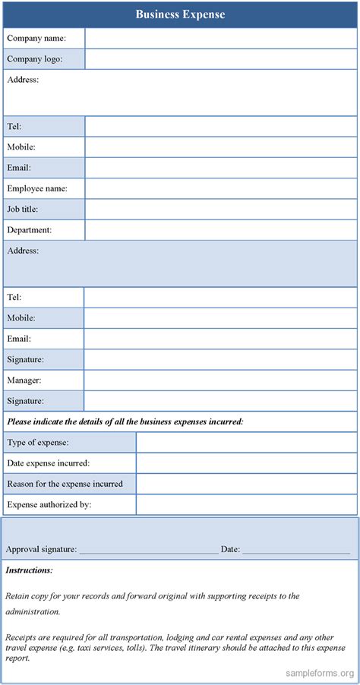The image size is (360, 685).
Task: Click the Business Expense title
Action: [x=180, y=14]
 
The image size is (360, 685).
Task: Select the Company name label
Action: [x=36, y=38]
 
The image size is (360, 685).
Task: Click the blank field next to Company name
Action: [x=220, y=38]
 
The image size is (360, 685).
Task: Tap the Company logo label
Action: [x=35, y=58]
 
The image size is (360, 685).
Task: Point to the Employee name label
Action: [x=37, y=188]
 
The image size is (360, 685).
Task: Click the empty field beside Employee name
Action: [x=220, y=188]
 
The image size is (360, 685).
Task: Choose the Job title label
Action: [x=23, y=209]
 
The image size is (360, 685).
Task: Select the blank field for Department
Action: [x=220, y=229]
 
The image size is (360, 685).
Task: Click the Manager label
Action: [x=24, y=380]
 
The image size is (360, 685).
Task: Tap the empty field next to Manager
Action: [x=220, y=380]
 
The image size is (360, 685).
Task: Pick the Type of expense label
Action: [x=38, y=442]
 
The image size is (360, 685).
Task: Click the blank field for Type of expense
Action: [x=246, y=442]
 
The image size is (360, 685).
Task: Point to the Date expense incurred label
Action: [x=49, y=462]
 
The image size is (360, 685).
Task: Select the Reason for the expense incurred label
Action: [x=65, y=483]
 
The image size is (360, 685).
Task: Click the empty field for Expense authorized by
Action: [x=246, y=503]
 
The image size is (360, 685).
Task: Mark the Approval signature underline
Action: [x=148, y=550]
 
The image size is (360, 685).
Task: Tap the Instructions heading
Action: [x=29, y=570]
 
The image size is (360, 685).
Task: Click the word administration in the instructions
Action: [x=32, y=611]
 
